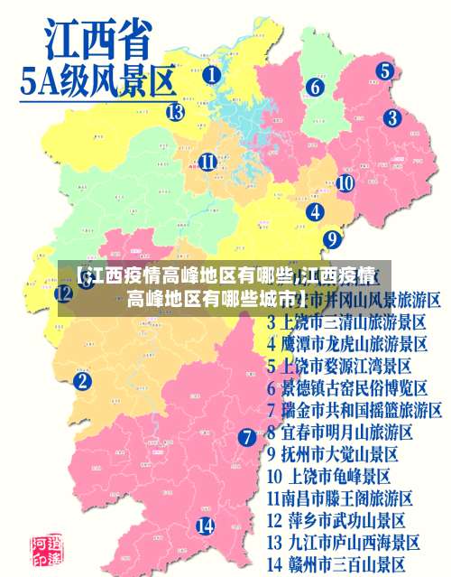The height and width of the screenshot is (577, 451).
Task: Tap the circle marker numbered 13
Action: pyautogui.click(x=175, y=112)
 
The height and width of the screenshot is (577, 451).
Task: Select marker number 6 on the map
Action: pyautogui.click(x=315, y=88)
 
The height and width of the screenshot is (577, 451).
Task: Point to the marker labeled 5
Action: pyautogui.click(x=384, y=70)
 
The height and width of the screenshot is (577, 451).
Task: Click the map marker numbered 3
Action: pyautogui.click(x=391, y=117)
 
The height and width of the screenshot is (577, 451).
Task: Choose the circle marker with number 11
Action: pyautogui.click(x=207, y=163)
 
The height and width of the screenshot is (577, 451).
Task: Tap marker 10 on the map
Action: pyautogui.click(x=345, y=182)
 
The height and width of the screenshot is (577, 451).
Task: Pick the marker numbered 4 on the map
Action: pyautogui.click(x=315, y=212)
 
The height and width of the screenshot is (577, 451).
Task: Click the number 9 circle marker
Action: pyautogui.click(x=332, y=239)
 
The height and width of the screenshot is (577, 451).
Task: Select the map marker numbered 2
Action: pyautogui.click(x=83, y=382)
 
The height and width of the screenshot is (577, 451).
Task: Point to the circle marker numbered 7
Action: pyautogui.click(x=247, y=437)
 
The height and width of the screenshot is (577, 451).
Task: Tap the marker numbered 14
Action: pyautogui.click(x=206, y=526)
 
